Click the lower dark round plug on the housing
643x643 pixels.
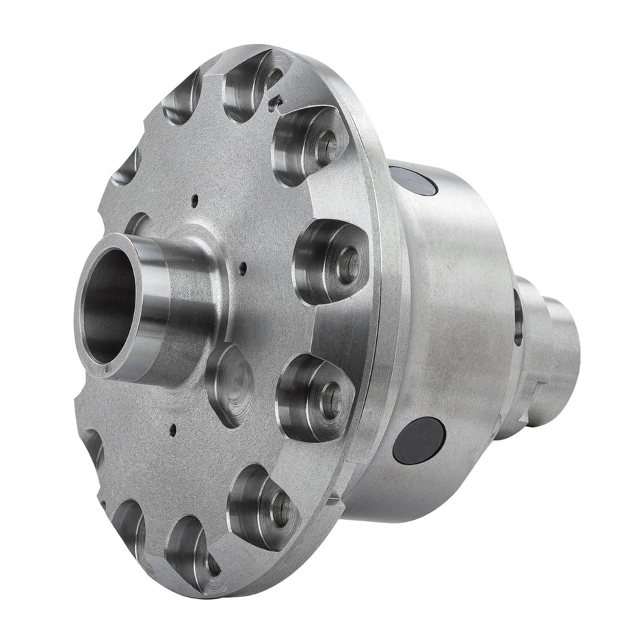419,440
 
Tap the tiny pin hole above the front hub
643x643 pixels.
195,200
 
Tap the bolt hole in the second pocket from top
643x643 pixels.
326,146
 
